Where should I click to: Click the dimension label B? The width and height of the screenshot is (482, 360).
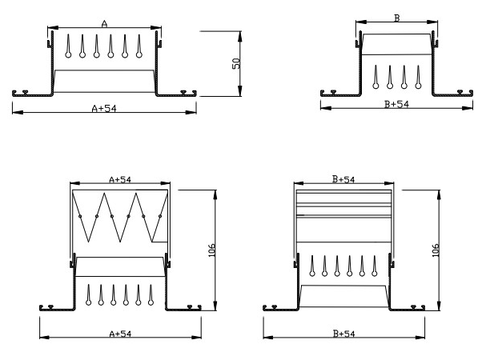pyautogui.click(x=397, y=17)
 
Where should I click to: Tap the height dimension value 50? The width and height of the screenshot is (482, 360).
pyautogui.click(x=236, y=63)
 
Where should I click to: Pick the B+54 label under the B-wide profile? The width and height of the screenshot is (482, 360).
pyautogui.click(x=397, y=104)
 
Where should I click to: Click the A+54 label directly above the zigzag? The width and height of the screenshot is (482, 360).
pyautogui.click(x=118, y=180)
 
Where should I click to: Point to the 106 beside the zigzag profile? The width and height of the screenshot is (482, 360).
pyautogui.click(x=211, y=249)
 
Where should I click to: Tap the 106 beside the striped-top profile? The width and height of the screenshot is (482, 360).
pyautogui.click(x=436, y=249)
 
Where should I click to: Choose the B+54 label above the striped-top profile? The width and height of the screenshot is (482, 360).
pyautogui.click(x=343, y=180)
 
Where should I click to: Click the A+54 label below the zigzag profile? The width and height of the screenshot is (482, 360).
pyautogui.click(x=118, y=334)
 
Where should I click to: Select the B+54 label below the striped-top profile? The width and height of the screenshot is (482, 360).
pyautogui.click(x=343, y=334)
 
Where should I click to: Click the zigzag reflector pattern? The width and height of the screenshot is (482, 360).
pyautogui.click(x=120, y=216)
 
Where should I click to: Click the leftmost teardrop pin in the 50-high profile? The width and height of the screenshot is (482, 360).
pyautogui.click(x=68, y=47)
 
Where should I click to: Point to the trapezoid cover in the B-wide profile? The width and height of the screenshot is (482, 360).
pyautogui.click(x=396, y=44)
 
